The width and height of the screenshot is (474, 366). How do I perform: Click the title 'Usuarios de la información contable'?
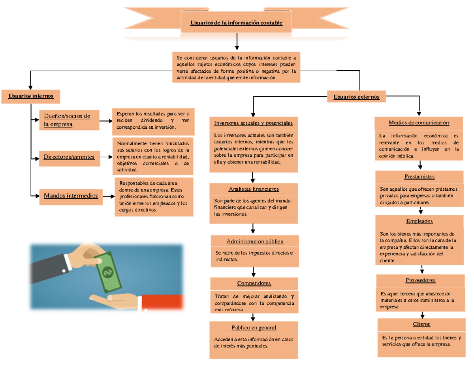[x=236, y=23]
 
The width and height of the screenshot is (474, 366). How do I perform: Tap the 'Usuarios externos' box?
[x=356, y=97]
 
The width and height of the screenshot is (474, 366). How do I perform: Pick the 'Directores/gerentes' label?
[x=69, y=157]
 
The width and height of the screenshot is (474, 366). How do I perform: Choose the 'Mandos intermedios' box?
[x=71, y=195]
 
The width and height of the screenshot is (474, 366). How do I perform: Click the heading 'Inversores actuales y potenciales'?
[x=253, y=123]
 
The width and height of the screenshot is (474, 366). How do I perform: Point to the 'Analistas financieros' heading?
[x=254, y=189]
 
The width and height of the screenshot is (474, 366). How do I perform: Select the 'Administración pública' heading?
[x=255, y=241]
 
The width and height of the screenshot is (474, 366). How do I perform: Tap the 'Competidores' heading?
[x=254, y=283]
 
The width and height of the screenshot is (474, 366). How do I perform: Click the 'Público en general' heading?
[x=254, y=328]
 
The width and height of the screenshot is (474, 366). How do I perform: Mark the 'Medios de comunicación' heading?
[x=419, y=123]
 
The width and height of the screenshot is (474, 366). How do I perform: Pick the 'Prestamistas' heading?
[x=419, y=176]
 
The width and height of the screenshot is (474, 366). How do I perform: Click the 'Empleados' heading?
[x=419, y=221]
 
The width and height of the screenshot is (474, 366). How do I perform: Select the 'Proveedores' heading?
[x=420, y=280]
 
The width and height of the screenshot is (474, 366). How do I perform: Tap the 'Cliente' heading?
[x=421, y=324]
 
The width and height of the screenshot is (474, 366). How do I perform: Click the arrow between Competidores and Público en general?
[x=253, y=316]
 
